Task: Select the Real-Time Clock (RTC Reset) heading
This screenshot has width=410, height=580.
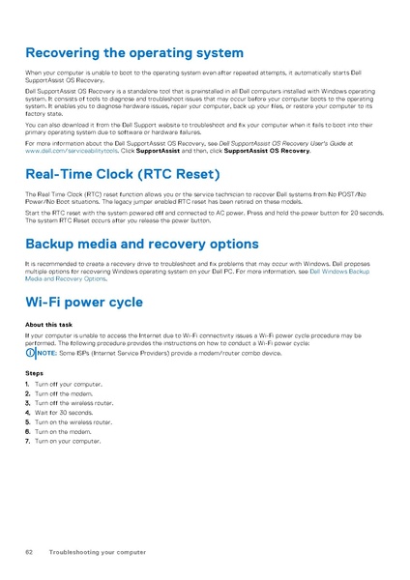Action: (123, 175)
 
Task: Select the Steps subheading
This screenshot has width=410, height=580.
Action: (34, 372)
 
